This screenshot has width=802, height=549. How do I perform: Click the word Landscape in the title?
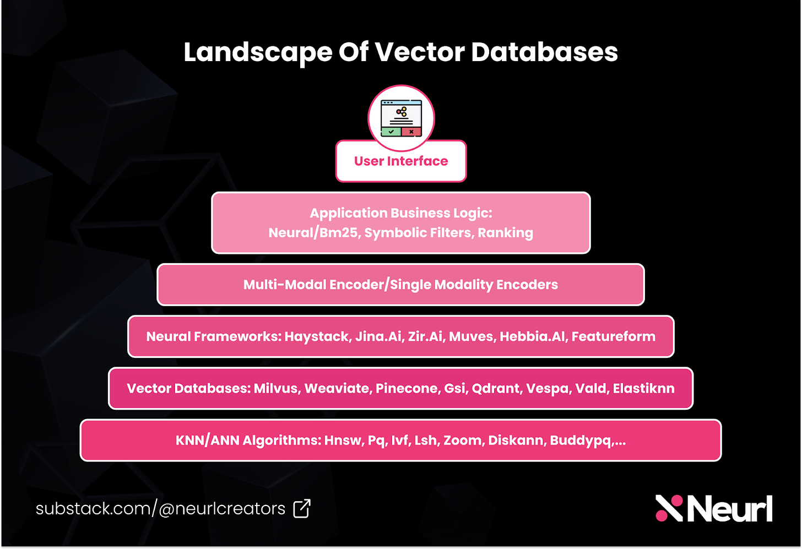coord(258,53)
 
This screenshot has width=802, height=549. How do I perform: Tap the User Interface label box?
coord(401,161)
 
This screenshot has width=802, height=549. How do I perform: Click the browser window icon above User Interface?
coord(401,118)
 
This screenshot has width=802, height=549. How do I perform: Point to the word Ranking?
coord(505,233)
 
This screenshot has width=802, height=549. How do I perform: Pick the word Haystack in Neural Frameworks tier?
coord(317,336)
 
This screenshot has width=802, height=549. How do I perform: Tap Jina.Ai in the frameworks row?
coord(378,336)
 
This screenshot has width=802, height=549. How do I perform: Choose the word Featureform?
coord(613,336)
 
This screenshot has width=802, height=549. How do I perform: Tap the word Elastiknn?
coord(643,388)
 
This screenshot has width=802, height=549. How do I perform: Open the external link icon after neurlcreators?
coord(302,508)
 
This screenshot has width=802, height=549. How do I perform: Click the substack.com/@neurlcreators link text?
coord(160,508)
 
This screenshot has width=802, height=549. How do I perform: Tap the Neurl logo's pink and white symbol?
coord(669,508)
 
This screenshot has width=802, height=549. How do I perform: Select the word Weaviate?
coord(337,388)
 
